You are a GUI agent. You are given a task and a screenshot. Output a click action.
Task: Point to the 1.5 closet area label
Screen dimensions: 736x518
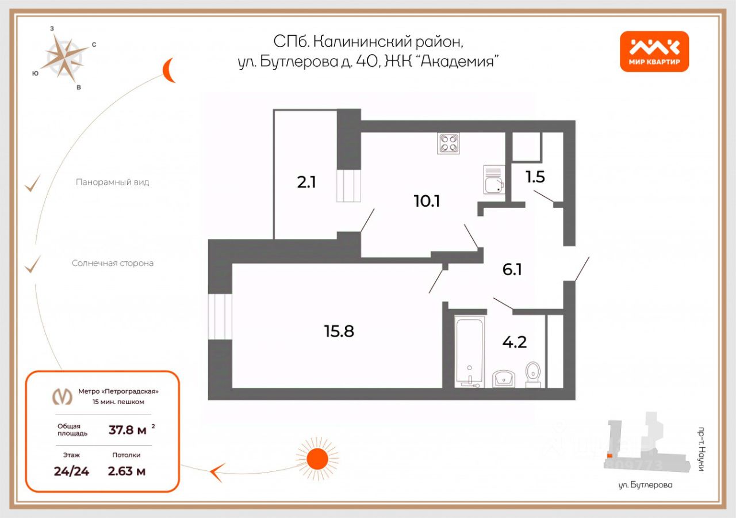click(x=535, y=177)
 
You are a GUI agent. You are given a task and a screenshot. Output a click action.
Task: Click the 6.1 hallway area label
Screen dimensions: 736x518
click(x=512, y=269)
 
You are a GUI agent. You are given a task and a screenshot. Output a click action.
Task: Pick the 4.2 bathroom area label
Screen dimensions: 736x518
click(x=515, y=342)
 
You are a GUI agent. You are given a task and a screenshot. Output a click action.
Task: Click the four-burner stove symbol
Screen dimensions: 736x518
click(x=449, y=143)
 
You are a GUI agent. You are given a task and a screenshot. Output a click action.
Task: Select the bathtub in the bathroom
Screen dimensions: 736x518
click(x=470, y=351)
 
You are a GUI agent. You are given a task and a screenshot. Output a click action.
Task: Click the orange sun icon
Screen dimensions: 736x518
click(x=317, y=459)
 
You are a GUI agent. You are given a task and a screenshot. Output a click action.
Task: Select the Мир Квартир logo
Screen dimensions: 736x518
click(x=654, y=51)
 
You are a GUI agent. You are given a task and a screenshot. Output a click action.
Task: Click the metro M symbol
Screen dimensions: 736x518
click(x=62, y=397)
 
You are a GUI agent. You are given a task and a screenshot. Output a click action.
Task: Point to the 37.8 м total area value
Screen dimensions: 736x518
click(x=127, y=429)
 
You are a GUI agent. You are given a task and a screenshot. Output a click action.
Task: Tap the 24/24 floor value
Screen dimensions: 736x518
click(x=71, y=471)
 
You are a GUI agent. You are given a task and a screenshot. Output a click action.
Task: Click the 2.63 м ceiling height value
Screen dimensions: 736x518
click(x=126, y=471)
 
